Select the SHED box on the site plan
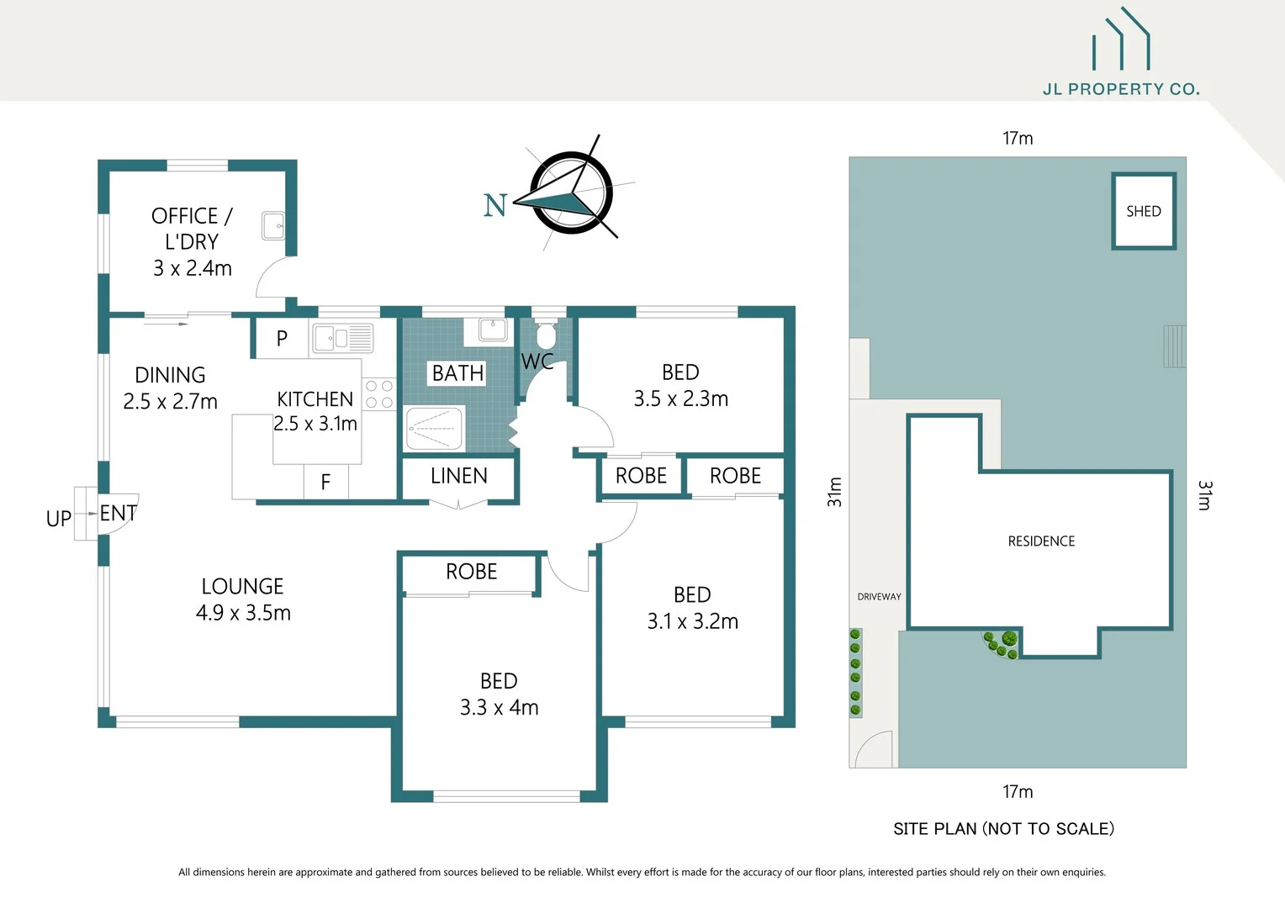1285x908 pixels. point(1143,211)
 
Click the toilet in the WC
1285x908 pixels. point(546,335)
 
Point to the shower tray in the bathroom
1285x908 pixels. point(434,429)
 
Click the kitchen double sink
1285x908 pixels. point(342,339)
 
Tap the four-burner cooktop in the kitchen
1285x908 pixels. point(379,394)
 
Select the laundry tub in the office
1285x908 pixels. point(273,225)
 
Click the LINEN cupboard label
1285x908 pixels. point(458,476)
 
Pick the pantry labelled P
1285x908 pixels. point(282,338)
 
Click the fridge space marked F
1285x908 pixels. point(325,482)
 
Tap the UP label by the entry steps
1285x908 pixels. point(59,519)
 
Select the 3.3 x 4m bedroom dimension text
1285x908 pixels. point(499,708)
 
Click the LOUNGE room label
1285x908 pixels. point(242,586)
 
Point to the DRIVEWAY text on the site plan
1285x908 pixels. point(879,597)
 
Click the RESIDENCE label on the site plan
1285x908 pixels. point(1041,541)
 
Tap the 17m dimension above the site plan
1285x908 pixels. point(1018,139)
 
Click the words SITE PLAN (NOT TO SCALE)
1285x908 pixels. point(1003,829)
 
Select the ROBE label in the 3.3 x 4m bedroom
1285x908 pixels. point(471,572)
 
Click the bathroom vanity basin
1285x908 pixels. point(492,330)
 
